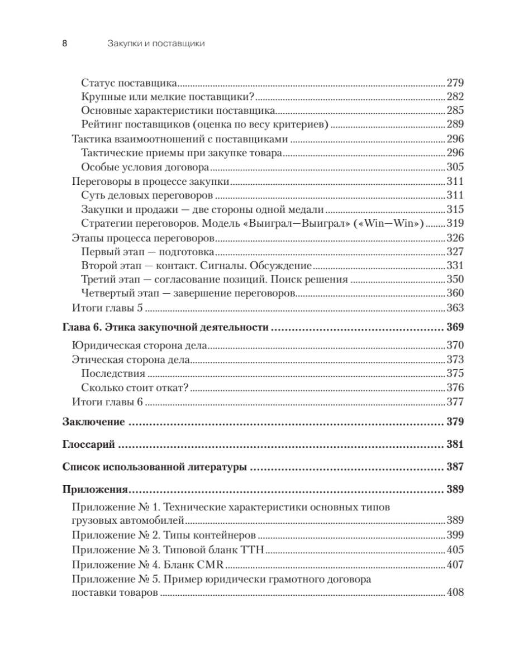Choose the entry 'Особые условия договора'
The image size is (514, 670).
[x=145, y=167]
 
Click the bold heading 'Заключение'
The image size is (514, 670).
[x=93, y=422]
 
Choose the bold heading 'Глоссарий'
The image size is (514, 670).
[x=89, y=445]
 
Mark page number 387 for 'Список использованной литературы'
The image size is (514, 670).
[x=456, y=467]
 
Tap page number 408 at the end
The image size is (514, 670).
[x=456, y=593]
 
